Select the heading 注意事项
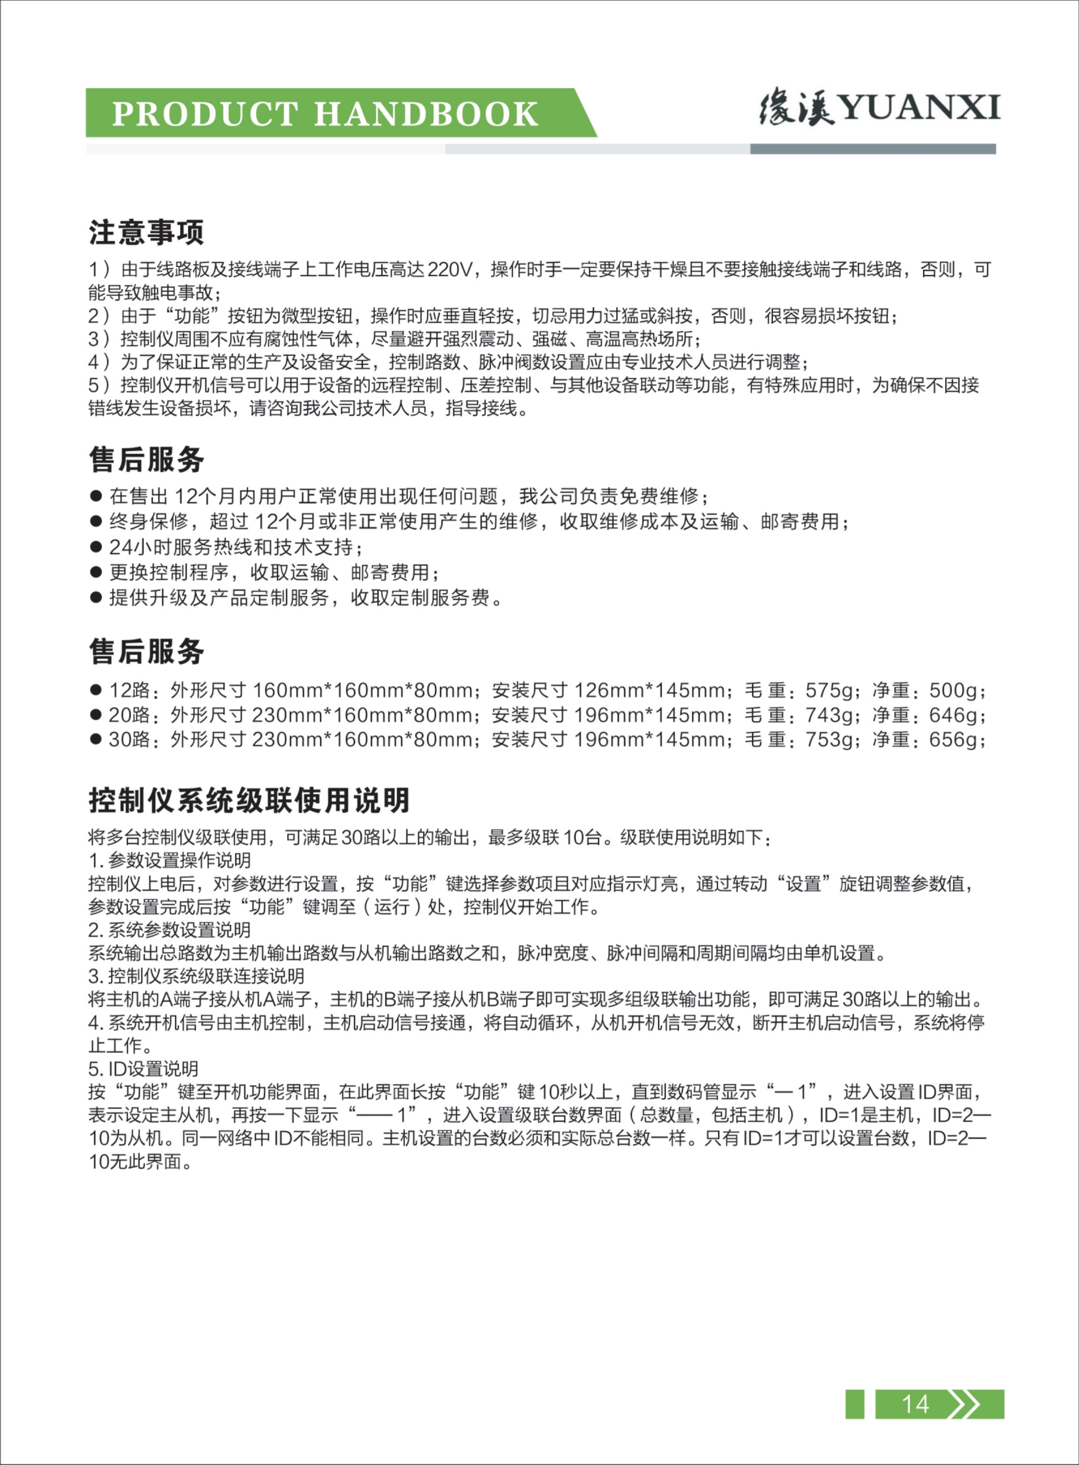pos(146,232)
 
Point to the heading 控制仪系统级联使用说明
pos(249,800)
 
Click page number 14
pos(915,1404)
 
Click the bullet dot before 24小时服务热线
pos(97,547)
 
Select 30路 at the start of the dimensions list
pos(129,740)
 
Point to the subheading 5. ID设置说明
pos(143,1069)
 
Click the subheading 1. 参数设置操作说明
pos(169,860)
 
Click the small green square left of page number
pos(854,1404)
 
